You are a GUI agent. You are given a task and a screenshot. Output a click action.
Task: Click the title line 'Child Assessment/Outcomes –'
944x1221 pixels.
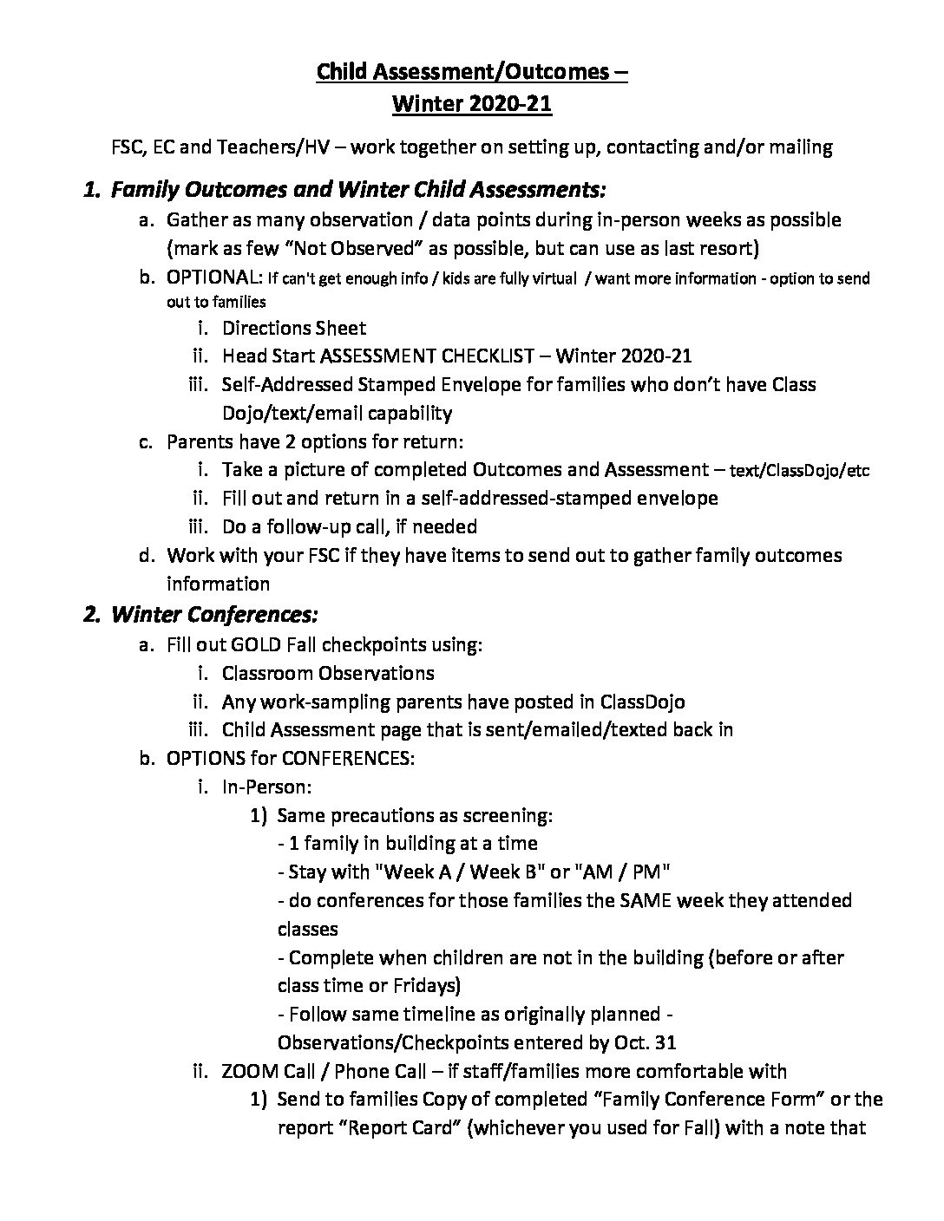point(472,72)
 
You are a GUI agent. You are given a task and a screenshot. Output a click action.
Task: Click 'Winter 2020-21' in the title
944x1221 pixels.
point(472,104)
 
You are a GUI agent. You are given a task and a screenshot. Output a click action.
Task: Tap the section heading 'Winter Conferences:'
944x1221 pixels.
point(215,614)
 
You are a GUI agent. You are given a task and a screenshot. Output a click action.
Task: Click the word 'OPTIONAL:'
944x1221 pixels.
point(213,277)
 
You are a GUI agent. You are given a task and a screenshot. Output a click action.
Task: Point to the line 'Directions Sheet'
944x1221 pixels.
point(294,328)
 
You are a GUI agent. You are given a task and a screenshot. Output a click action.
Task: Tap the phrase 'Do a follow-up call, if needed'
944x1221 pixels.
point(349,526)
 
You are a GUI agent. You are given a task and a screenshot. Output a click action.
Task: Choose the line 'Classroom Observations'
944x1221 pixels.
point(328,673)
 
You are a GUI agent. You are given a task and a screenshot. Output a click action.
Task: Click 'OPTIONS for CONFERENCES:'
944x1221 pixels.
point(291,758)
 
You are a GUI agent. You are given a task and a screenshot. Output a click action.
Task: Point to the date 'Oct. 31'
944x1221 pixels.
point(644,1042)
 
